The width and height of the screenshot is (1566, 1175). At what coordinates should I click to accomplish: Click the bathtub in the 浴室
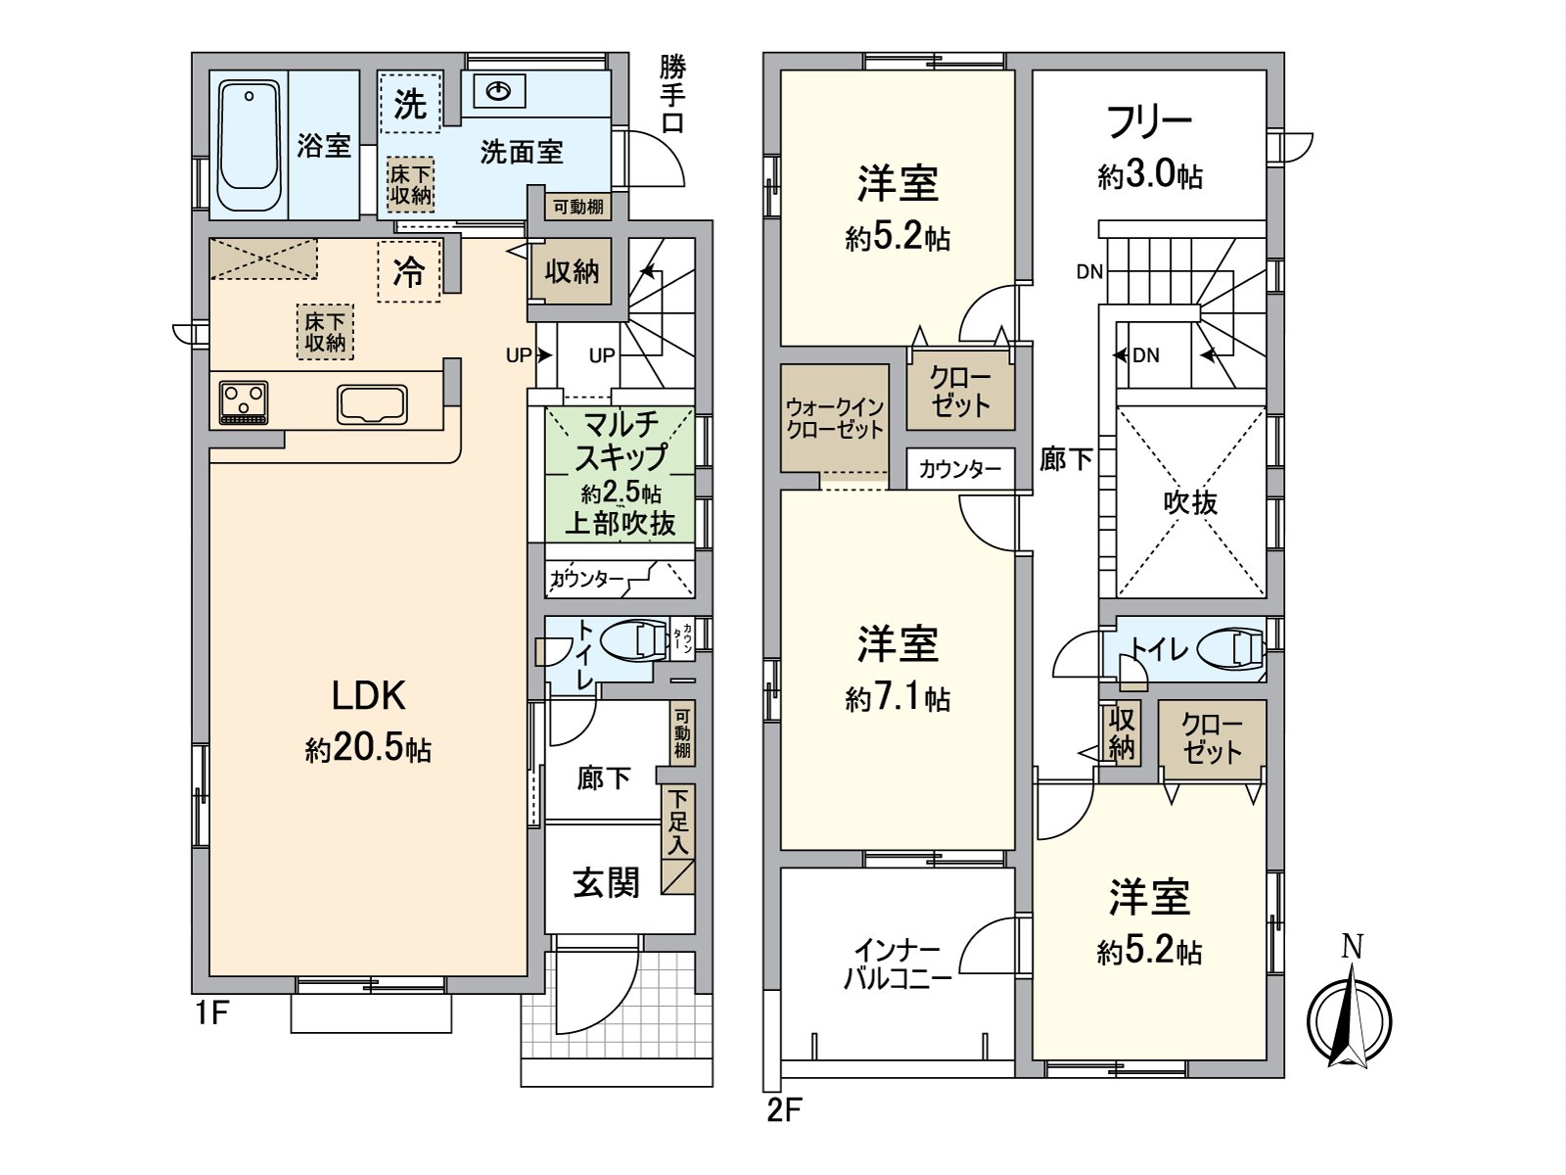pos(249,145)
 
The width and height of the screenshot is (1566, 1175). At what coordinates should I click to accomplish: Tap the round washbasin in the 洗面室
pos(500,92)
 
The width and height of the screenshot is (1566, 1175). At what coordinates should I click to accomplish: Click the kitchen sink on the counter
pos(372,403)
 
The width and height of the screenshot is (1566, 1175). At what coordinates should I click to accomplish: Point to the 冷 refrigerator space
pos(409,271)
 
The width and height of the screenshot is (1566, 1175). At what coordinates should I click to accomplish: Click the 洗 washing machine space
pos(409,105)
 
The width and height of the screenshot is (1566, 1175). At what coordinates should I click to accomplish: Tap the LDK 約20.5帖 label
pos(368,721)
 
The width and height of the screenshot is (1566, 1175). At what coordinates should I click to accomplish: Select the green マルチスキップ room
pos(620,474)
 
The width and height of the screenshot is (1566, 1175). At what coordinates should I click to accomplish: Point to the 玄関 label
pos(606,882)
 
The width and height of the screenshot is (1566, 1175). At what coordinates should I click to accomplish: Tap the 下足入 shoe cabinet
pos(678,837)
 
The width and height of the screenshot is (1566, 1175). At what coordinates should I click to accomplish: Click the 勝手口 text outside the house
pos(672,95)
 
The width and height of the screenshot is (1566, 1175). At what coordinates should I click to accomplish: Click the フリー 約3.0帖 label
pos(1149,147)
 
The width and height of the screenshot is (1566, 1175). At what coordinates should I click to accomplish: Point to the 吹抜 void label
pos(1190,502)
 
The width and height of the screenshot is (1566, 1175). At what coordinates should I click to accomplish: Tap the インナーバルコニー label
pos(898,964)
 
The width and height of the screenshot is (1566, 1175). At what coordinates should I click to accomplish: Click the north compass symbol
pos(1351,1013)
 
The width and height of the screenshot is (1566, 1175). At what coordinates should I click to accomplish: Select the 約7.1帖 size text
pos(898,698)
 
